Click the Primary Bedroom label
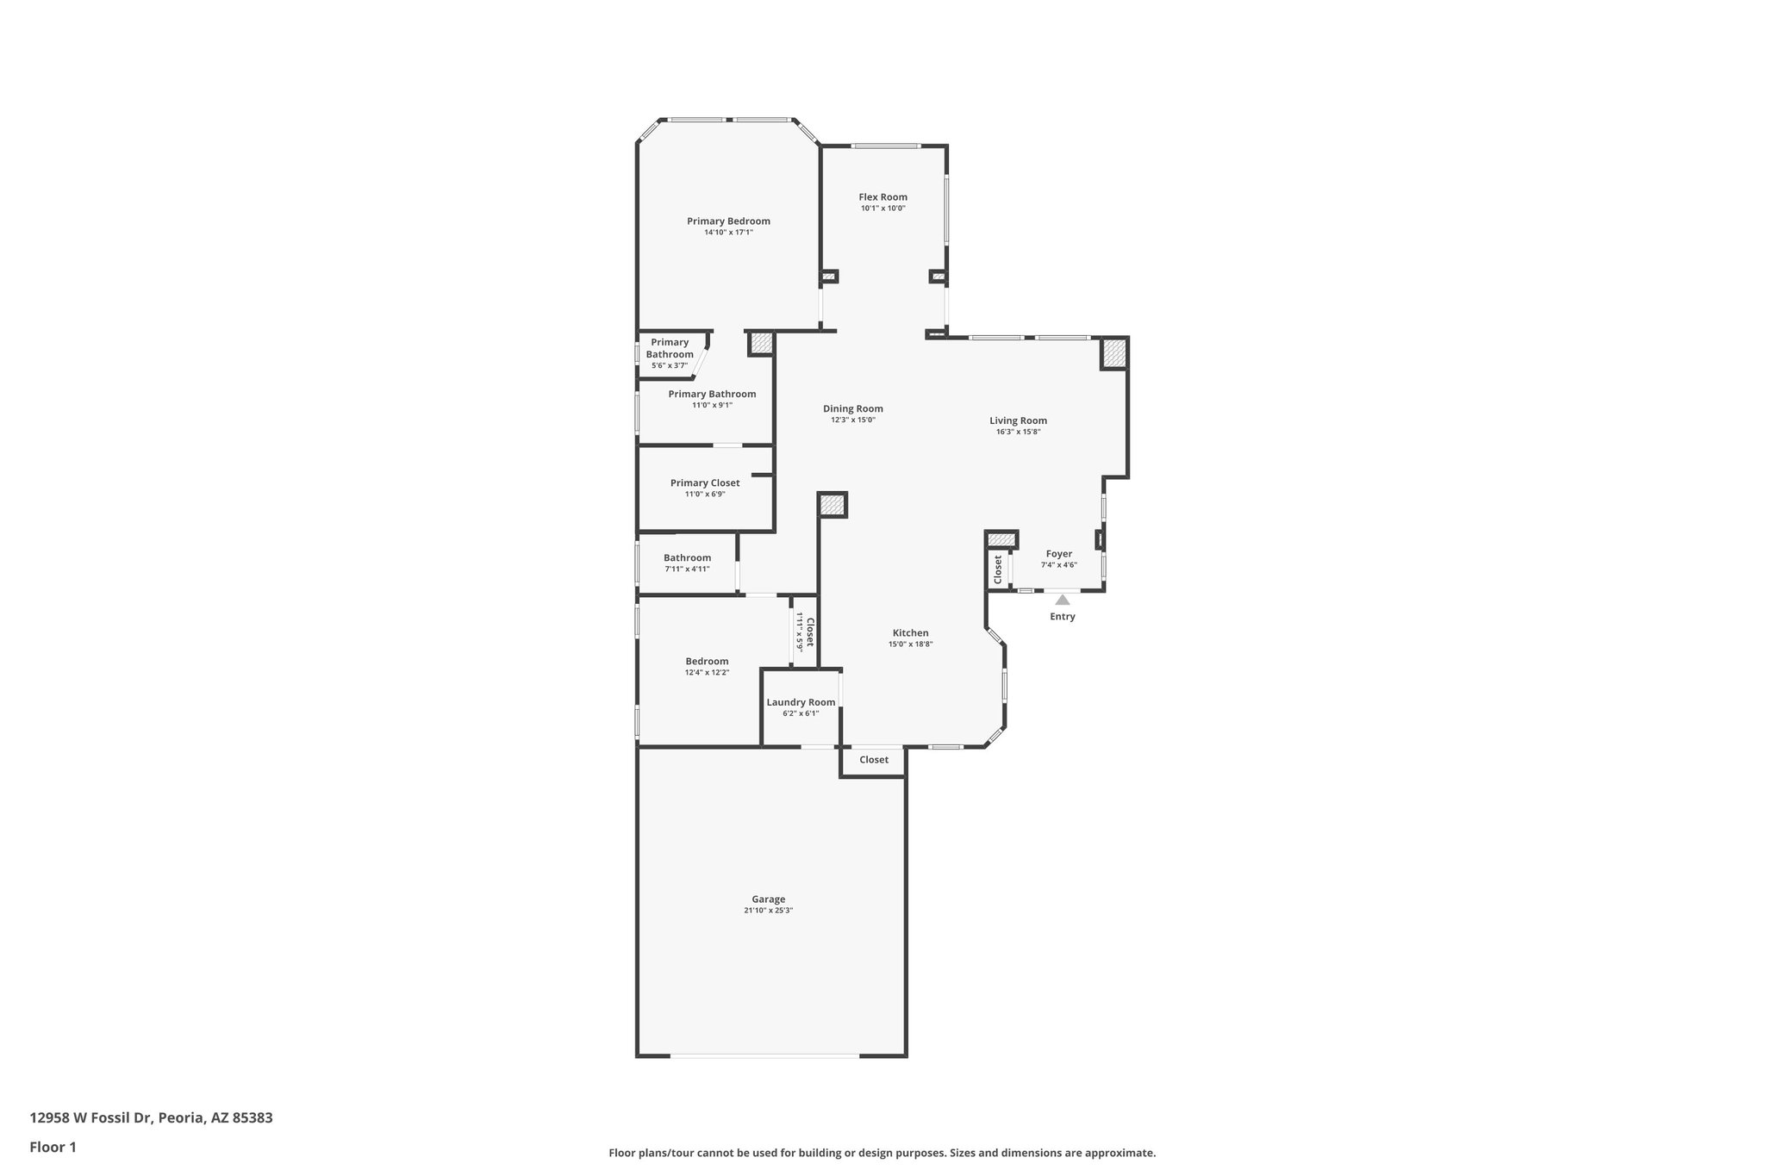[728, 221]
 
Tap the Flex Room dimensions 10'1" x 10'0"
[882, 208]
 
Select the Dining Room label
[852, 409]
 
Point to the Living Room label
[1018, 421]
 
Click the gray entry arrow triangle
[1063, 600]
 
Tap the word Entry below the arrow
[1062, 617]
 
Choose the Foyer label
[1058, 554]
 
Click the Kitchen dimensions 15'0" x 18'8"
[910, 644]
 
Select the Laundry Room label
[801, 702]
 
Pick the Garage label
[768, 899]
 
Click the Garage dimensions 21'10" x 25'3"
[768, 911]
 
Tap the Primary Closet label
[704, 483]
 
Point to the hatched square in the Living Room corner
[1114, 353]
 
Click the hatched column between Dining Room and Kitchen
[833, 505]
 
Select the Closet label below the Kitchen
[873, 760]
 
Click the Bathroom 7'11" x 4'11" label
[687, 558]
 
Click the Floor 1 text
[53, 1147]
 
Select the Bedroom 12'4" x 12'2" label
[707, 662]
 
